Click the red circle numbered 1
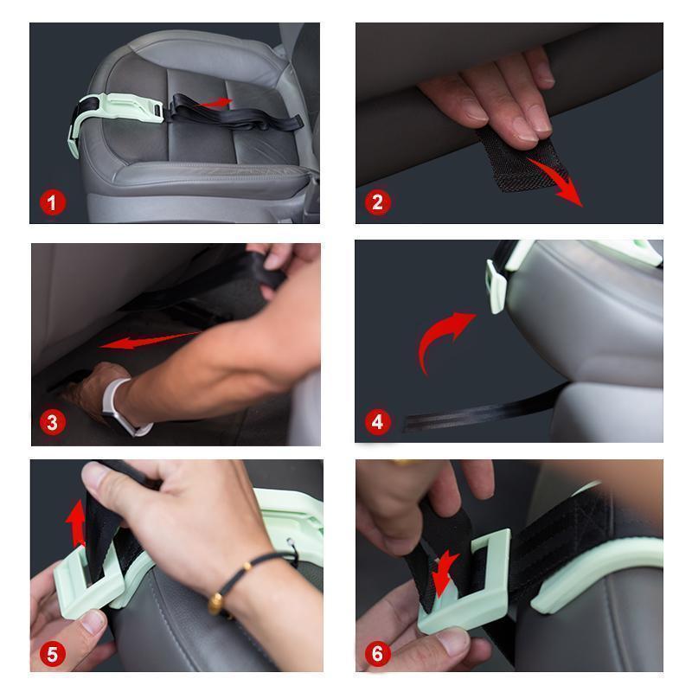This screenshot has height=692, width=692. point(53,202)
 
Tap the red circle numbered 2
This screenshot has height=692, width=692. point(377,202)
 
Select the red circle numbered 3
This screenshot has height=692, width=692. point(53,422)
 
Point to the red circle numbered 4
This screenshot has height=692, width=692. point(377,421)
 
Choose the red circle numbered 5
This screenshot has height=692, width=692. point(53,654)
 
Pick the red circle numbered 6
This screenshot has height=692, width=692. point(377,654)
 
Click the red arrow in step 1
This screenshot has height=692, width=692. point(215,103)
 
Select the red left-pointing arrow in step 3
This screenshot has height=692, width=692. point(149,341)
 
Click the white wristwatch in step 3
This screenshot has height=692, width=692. point(121,408)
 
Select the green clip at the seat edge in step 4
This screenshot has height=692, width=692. point(496,287)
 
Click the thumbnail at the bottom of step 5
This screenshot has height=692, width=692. point(92,621)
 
